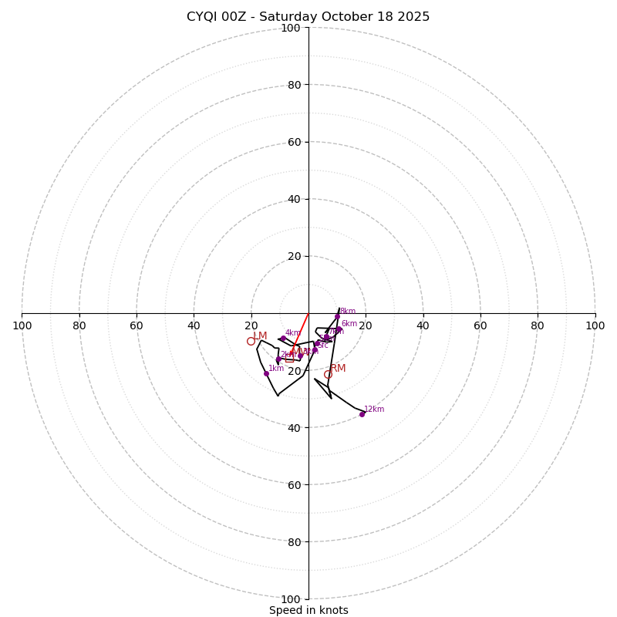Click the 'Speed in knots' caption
[x=308, y=610]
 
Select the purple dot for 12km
[x=362, y=414]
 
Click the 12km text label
[x=374, y=410]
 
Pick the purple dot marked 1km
[x=266, y=373]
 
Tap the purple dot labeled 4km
[x=283, y=338]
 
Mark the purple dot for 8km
[x=337, y=316]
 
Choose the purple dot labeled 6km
[x=339, y=329]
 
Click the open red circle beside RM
[x=328, y=375]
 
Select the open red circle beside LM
[x=251, y=341]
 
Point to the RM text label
[x=338, y=369]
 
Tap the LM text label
[x=261, y=336]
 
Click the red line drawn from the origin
[x=301, y=332]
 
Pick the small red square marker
[x=289, y=359]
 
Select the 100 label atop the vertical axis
[x=291, y=29]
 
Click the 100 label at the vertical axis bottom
[x=291, y=599]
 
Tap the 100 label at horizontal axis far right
[x=595, y=325]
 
